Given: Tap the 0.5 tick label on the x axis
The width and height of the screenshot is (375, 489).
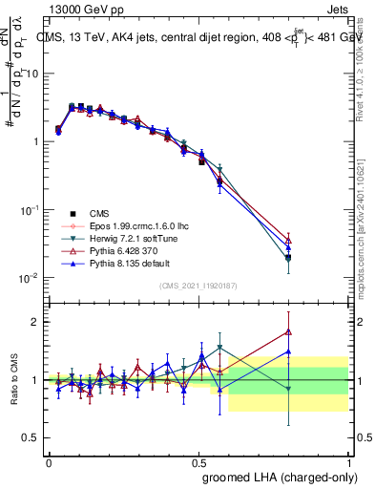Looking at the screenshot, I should [x=198, y=461].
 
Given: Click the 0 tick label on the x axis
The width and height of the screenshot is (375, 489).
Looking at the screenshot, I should [x=49, y=461].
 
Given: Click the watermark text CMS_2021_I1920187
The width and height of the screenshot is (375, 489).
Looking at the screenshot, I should [x=198, y=285].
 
